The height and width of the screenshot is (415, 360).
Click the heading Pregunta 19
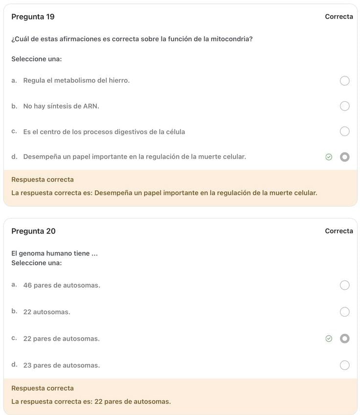[33, 17]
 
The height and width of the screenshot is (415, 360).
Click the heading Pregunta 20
[33, 231]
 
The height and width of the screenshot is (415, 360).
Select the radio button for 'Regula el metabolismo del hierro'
[344, 81]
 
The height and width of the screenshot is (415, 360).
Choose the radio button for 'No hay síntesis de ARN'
[344, 106]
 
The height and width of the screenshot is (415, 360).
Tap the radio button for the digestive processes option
[344, 132]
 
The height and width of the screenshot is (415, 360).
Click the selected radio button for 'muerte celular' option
[344, 157]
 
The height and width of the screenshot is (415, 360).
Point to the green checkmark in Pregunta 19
[329, 157]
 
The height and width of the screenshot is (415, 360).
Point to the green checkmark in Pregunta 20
[329, 339]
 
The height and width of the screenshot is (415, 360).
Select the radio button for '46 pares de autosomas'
[344, 285]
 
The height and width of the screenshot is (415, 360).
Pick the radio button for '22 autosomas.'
[344, 312]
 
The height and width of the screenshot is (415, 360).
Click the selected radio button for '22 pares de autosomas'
[344, 339]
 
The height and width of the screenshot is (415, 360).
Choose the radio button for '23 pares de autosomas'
[344, 366]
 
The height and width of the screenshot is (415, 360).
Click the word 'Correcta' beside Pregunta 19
[338, 17]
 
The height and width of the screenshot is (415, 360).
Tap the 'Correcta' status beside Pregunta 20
[338, 231]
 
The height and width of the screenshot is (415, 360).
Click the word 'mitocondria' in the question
[231, 39]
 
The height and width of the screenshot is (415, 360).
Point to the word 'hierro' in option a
[119, 80]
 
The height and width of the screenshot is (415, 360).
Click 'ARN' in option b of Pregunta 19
[90, 106]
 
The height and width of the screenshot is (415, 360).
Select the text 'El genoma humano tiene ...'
[54, 254]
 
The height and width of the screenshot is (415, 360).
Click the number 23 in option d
[27, 366]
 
